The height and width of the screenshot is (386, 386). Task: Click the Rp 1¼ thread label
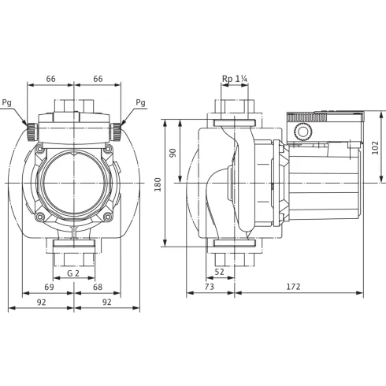pyautogui.click(x=234, y=79)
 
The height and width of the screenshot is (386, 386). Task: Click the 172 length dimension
pyautogui.click(x=292, y=288)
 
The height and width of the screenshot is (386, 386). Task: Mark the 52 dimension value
pyautogui.click(x=220, y=272)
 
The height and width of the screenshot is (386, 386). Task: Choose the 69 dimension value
pyautogui.click(x=49, y=288)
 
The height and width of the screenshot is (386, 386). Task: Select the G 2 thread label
pyautogui.click(x=73, y=272)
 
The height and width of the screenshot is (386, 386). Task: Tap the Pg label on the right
pyautogui.click(x=140, y=102)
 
